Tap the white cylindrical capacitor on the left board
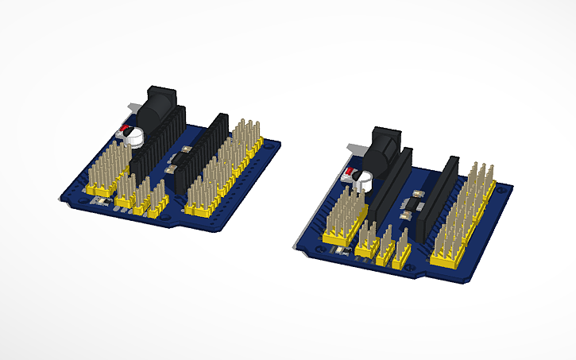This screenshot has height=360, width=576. click(135, 137)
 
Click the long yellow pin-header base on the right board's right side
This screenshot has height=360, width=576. click(451, 259)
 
